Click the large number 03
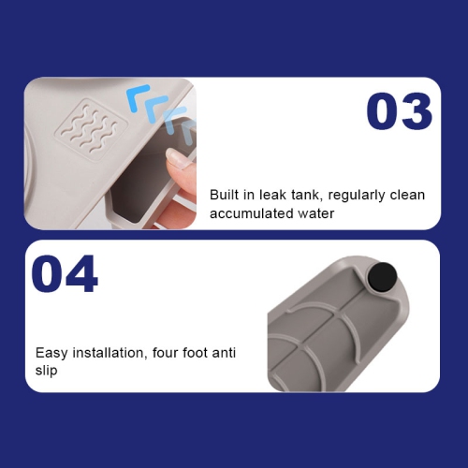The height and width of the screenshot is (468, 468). [399, 111]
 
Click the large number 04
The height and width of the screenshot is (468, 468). [65, 273]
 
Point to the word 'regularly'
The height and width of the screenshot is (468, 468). [357, 196]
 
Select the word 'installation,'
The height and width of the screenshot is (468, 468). [110, 353]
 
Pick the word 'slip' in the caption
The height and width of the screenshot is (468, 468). [46, 371]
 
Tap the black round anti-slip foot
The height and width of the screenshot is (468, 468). [382, 277]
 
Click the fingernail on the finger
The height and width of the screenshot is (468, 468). [176, 157]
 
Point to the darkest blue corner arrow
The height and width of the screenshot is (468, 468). [138, 97]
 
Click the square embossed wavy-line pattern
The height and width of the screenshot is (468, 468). [91, 129]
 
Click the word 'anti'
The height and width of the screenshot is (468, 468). [224, 353]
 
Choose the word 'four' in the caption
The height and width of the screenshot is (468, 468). [165, 353]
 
